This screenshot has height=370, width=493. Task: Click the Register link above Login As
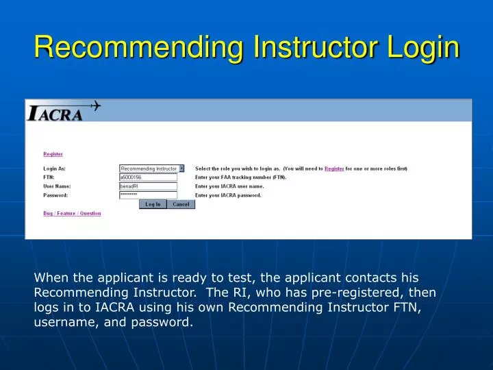(x=53, y=154)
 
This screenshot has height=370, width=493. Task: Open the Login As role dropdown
(x=181, y=169)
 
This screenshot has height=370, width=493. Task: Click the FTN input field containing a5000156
(x=148, y=177)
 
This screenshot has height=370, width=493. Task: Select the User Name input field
(x=148, y=186)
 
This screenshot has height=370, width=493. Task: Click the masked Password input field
(x=148, y=195)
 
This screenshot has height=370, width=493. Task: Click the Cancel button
(x=181, y=204)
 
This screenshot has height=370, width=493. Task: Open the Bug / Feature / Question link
(x=72, y=213)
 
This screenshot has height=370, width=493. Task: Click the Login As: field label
(x=54, y=169)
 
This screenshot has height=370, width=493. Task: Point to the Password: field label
(x=55, y=195)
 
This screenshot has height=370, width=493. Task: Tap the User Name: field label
(x=57, y=186)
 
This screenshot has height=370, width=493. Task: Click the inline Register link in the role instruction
(x=334, y=169)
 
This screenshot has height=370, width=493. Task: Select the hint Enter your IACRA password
(x=228, y=195)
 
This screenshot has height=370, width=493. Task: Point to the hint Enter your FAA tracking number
(x=240, y=177)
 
